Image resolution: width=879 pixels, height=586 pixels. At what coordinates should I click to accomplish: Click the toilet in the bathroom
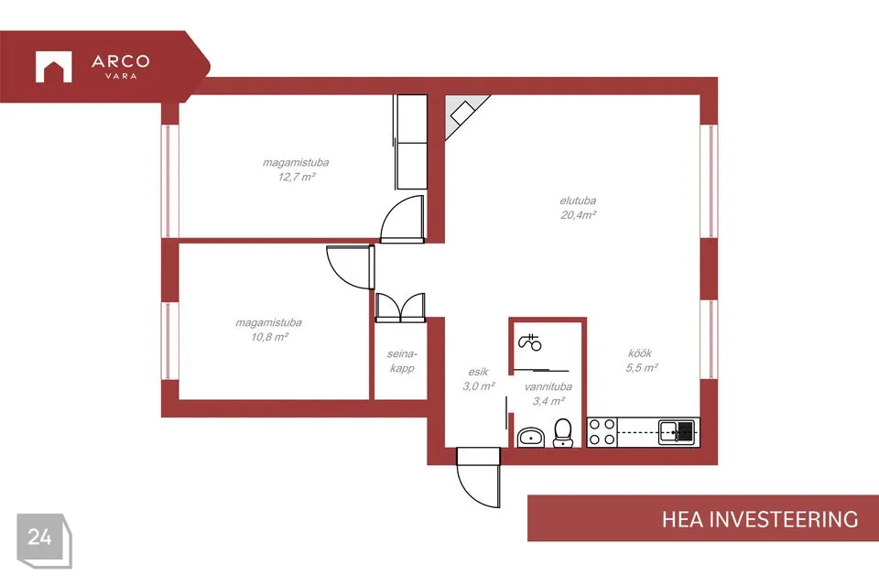pos(563,432)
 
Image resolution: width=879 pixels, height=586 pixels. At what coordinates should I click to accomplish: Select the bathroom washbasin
pos(530,437)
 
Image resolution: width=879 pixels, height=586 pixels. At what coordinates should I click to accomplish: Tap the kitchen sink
pos(677,432)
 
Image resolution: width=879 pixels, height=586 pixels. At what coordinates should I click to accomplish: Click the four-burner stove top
pos(602,432)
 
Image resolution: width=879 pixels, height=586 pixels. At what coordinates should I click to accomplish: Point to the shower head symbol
pos(530,342)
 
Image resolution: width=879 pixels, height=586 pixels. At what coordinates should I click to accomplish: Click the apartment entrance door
pos(478,477)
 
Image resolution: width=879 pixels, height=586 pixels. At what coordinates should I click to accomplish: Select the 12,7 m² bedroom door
pos(403,219)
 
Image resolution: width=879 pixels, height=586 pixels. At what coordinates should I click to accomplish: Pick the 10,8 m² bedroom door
pos(351,266)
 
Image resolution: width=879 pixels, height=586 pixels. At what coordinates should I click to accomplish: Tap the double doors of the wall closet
pos(400,308)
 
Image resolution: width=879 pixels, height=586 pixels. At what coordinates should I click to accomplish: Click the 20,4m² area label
pos(578,215)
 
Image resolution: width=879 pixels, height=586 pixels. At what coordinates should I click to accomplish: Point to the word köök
pos(640,353)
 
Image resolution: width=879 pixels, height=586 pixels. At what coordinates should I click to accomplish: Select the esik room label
pos(478,372)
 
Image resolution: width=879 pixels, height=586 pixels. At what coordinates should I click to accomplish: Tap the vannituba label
pos(548,386)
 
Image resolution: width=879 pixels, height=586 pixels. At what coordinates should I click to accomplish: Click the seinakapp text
pos(402,361)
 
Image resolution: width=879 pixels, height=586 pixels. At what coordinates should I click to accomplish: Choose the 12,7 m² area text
pos(297,178)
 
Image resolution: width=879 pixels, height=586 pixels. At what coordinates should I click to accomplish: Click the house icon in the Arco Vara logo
pos(54,67)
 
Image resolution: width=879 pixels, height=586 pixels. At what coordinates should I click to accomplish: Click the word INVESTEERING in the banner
pos(784,519)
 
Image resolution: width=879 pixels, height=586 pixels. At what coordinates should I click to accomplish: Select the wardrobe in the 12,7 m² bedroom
pos(411,142)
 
